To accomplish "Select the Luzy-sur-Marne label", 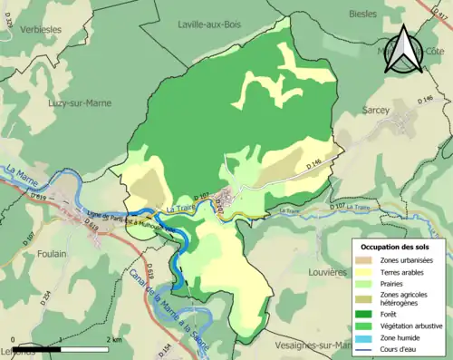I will [81, 102].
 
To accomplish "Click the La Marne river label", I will [19, 172].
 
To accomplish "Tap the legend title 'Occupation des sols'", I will [395, 247].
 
